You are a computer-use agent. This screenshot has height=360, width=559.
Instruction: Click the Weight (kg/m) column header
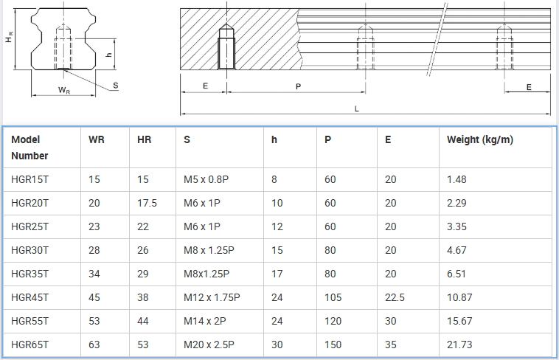(480, 139)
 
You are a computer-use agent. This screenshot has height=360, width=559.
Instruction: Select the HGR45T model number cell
(29, 297)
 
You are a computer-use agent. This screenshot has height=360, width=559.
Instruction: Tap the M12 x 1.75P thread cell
(212, 297)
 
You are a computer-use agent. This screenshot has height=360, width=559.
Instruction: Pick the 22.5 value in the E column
(395, 297)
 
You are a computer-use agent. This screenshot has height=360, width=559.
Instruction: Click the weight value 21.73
(459, 345)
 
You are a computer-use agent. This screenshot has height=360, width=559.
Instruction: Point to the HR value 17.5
(147, 203)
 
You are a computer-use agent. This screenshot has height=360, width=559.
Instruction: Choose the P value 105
(333, 297)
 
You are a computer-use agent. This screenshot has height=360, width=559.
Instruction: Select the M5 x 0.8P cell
(206, 179)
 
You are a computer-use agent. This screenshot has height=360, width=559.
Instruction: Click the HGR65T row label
(29, 345)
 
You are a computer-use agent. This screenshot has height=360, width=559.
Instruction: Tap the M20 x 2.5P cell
(209, 345)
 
